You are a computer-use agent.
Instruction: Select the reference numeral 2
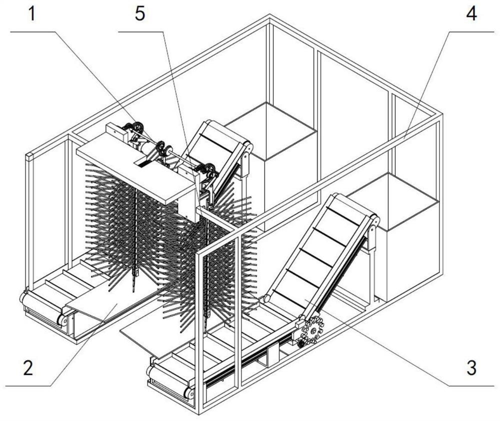[x=28, y=369]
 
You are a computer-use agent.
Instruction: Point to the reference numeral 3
[x=471, y=368]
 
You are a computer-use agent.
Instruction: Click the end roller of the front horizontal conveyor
[x=151, y=373]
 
